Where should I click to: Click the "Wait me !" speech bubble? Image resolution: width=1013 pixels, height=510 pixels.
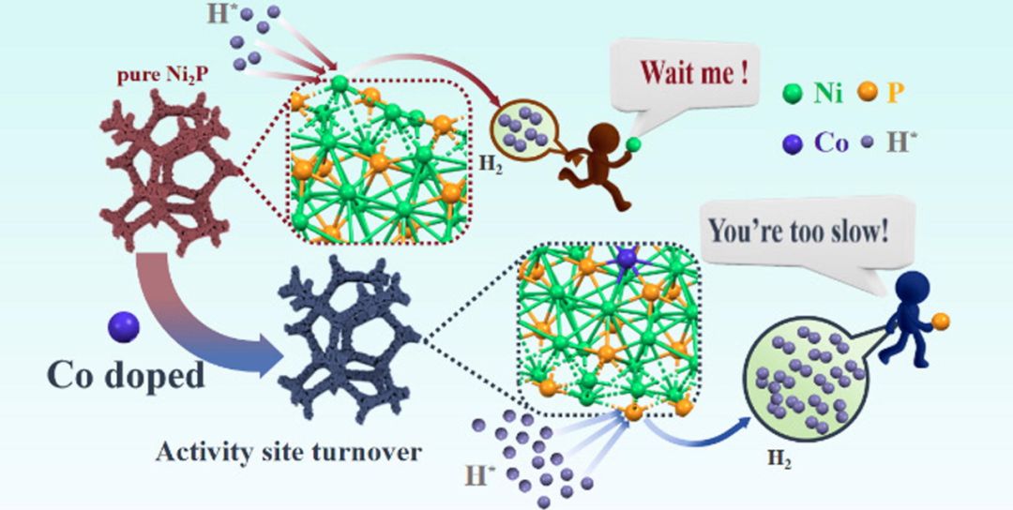(684, 74)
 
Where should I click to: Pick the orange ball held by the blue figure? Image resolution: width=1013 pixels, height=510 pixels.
(941, 321)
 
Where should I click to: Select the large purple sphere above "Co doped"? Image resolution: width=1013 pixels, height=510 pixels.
(124, 327)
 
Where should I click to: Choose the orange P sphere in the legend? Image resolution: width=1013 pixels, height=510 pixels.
(868, 94)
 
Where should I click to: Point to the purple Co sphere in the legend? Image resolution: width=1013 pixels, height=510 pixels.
(792, 144)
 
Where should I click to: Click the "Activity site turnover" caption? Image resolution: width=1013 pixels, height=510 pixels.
(288, 453)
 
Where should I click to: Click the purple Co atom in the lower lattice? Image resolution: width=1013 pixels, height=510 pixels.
(626, 258)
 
